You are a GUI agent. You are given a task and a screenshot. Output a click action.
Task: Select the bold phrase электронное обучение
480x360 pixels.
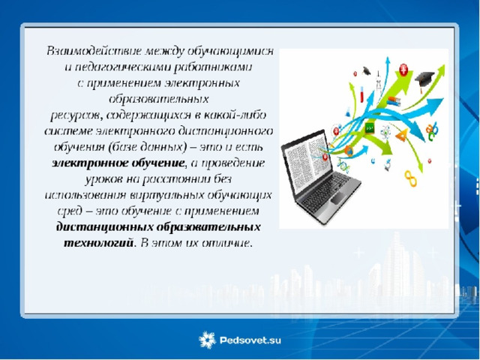[x=118, y=163]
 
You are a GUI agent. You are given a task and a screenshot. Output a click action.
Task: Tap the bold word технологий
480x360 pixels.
[x=99, y=243]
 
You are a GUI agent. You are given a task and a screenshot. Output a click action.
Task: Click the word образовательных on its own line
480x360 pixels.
[x=159, y=99]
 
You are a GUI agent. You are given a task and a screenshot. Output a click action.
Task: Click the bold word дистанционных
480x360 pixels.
[x=105, y=226]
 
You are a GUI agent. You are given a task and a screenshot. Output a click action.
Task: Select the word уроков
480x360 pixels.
[x=103, y=179]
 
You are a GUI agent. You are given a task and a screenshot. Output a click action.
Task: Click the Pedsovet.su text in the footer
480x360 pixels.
[x=250, y=340]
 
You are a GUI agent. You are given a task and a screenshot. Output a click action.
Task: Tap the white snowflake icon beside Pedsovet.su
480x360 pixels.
[x=207, y=340]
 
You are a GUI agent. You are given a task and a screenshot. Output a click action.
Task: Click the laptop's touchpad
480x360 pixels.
[x=339, y=198]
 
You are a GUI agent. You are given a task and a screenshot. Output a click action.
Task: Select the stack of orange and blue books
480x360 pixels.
[x=394, y=101]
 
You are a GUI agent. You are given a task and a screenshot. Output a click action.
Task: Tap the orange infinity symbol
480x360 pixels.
[x=410, y=178]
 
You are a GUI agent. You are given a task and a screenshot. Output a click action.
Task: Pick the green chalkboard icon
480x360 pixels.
[x=370, y=128]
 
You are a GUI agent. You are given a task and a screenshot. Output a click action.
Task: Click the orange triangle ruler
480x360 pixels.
[x=402, y=135]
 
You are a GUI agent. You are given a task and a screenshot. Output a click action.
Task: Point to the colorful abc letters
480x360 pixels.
[x=432, y=130]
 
